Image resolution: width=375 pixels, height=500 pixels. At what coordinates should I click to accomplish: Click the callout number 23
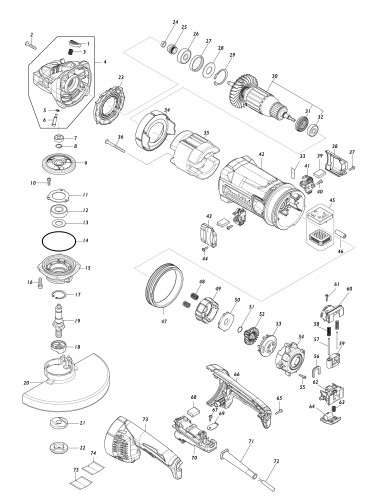click(x=121, y=76)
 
